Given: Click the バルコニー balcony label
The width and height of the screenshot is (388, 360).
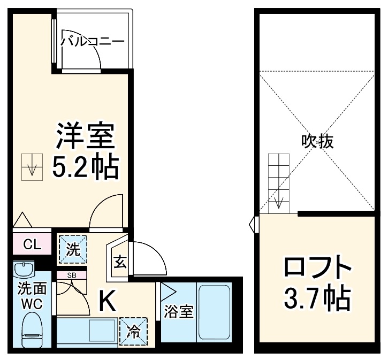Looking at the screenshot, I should pyautogui.click(x=92, y=42).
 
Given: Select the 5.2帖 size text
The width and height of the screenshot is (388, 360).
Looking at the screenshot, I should pyautogui.click(x=85, y=167).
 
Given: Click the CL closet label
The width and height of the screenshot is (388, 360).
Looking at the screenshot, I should pyautogui.click(x=32, y=245).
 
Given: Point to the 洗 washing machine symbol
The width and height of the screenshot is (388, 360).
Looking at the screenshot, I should pyautogui.click(x=72, y=249).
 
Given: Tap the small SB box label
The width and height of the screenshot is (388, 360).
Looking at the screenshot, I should pyautogui.click(x=71, y=275).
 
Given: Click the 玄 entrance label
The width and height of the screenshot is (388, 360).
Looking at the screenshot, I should pyautogui.click(x=119, y=263).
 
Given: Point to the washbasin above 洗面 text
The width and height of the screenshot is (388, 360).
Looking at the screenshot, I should pyautogui.click(x=24, y=269).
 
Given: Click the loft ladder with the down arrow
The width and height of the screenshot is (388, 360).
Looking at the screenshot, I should pyautogui.click(x=278, y=181).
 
